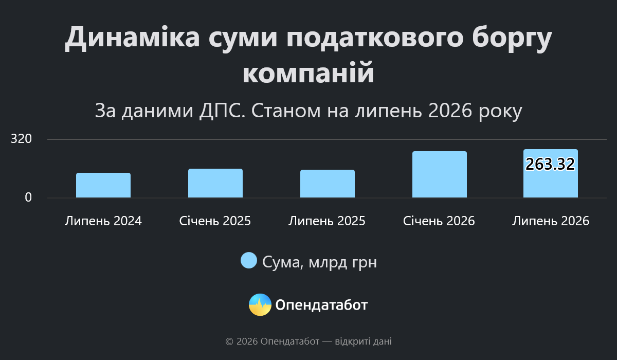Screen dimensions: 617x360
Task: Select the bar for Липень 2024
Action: (103, 185)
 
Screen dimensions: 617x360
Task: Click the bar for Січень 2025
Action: (215, 183)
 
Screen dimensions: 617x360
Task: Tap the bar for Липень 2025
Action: (328, 184)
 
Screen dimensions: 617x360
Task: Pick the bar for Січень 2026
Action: (440, 174)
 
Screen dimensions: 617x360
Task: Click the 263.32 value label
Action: (550, 164)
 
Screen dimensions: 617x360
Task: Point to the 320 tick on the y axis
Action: (21, 138)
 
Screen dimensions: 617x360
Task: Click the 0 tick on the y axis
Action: (28, 197)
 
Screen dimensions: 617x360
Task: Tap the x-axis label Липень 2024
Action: (103, 221)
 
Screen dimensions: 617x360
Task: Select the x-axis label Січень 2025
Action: (215, 221)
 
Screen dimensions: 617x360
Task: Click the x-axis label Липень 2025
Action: (327, 221)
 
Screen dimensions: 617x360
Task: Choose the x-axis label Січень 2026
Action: (439, 221)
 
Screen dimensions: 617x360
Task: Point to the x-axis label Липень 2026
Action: (551, 221)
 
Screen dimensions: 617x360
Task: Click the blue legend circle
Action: (249, 260)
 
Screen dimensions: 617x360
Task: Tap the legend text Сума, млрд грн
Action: (319, 262)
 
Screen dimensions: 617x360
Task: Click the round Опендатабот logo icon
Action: (260, 304)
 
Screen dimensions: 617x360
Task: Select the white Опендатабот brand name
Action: (321, 305)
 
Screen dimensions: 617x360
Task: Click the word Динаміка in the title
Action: (133, 38)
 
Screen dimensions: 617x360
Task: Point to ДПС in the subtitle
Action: (222, 111)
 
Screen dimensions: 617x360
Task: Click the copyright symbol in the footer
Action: (229, 341)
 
